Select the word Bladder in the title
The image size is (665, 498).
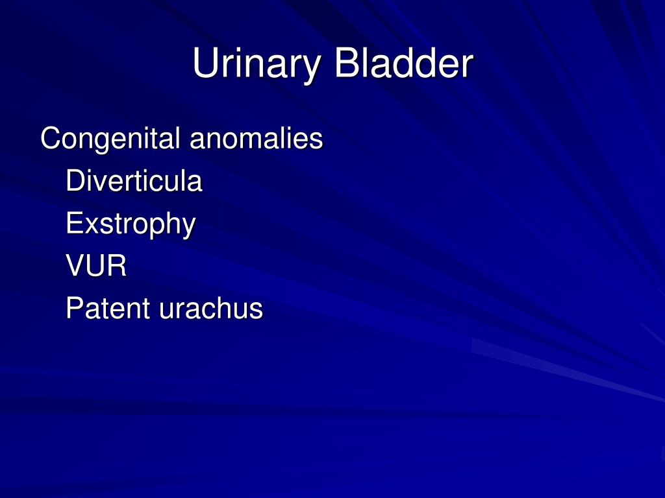[x=403, y=65]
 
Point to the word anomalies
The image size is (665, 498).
[x=256, y=139]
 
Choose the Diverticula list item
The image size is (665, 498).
[x=134, y=181]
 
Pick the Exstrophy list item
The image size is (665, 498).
[x=131, y=224]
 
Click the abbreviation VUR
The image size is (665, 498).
[x=96, y=266]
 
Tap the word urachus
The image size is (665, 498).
[x=211, y=309]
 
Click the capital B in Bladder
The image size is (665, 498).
[x=347, y=65]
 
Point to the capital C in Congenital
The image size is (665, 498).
[x=49, y=139]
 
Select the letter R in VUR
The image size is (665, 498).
[x=118, y=266]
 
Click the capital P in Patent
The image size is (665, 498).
[x=74, y=309]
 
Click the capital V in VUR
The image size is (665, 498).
[x=75, y=266]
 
